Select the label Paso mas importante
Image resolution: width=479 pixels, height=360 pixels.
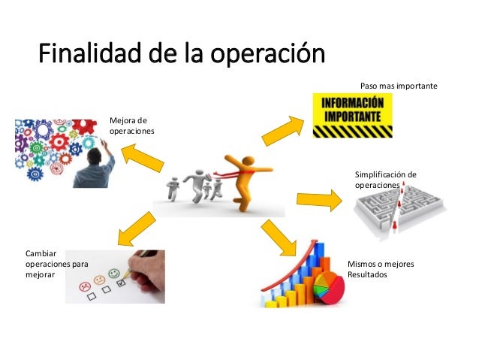coord(398,86)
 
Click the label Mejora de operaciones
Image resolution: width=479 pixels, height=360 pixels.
coord(131,125)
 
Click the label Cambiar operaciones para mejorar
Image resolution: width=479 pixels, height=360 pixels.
coord(56,265)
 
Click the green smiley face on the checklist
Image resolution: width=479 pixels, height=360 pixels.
coord(114,274)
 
